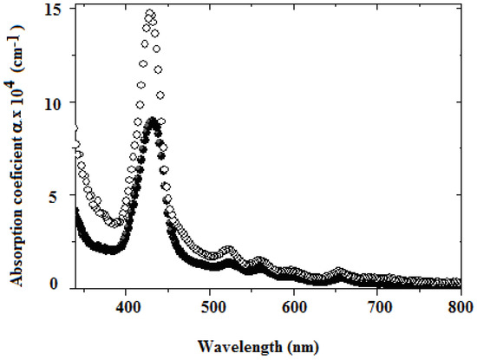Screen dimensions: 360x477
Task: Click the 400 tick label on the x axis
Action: coord(127,306)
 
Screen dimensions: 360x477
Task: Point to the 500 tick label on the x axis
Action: coord(211,306)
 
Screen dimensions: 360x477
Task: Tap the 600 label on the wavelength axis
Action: coord(294,306)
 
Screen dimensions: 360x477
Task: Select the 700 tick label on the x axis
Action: coord(377,306)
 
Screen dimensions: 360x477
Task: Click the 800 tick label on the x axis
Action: coord(460,306)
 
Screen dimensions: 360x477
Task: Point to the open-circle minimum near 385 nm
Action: coord(114,224)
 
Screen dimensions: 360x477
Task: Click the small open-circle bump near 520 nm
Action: coord(229,250)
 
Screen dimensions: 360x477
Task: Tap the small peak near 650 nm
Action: coord(338,272)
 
